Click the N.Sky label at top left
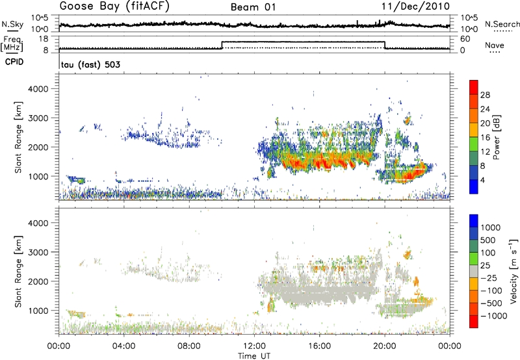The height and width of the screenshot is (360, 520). pyautogui.click(x=10, y=24)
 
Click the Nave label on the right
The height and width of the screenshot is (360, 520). pyautogui.click(x=495, y=46)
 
